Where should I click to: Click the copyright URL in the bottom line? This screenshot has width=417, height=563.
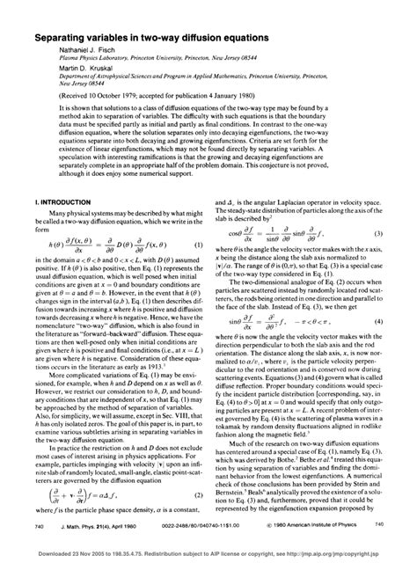point(340,554)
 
